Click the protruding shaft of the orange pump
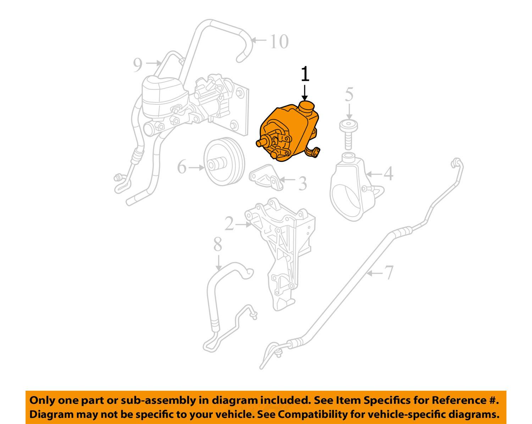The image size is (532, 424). click(x=262, y=143)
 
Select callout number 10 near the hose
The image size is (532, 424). click(x=279, y=42)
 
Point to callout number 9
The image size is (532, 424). click(x=138, y=65)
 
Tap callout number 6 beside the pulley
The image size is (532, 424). click(x=182, y=167)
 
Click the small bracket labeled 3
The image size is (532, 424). click(x=267, y=177)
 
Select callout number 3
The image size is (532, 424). click(x=302, y=184)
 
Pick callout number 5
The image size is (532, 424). click(x=349, y=95)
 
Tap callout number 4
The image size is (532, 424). click(x=388, y=174)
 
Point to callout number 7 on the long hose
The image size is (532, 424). click(x=389, y=273)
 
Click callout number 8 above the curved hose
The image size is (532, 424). click(x=217, y=245)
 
